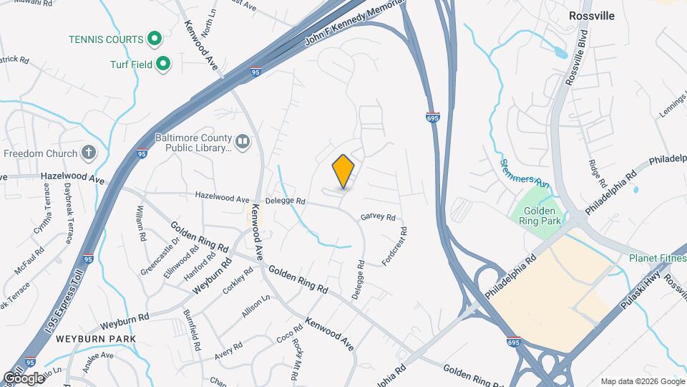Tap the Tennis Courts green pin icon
(x=154, y=38)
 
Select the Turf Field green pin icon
(x=164, y=64)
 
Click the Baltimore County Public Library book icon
(x=243, y=143)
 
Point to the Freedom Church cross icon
(x=89, y=153)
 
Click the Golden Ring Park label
(x=545, y=216)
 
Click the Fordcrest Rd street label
(x=394, y=247)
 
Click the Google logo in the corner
(x=23, y=378)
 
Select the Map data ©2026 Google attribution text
(x=642, y=381)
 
